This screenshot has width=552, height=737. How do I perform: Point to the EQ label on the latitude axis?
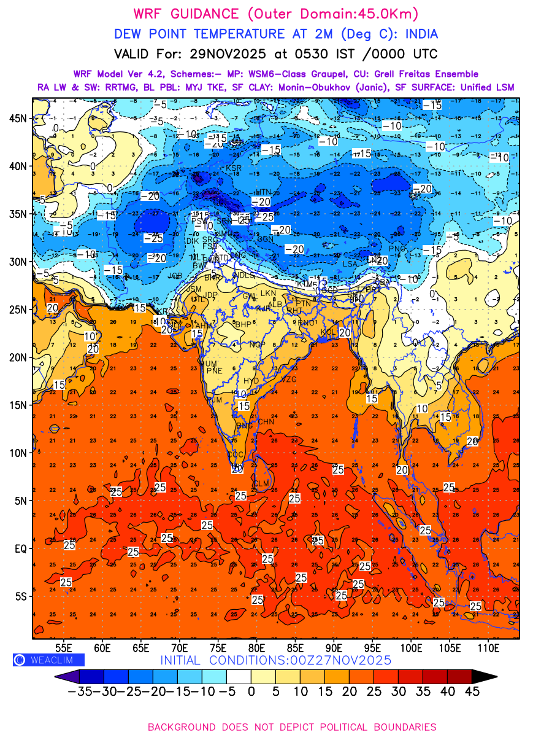(x=21, y=548)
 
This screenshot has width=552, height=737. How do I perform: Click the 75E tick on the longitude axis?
(x=218, y=647)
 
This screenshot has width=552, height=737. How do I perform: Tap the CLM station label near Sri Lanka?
(x=261, y=484)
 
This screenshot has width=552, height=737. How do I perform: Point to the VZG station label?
(x=288, y=380)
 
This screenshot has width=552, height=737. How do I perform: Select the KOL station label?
(x=326, y=332)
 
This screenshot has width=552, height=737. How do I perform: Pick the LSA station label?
(x=350, y=264)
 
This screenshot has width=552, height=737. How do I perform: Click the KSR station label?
(x=234, y=168)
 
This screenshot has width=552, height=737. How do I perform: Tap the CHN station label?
(x=266, y=422)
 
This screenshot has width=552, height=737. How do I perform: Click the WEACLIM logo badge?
(x=48, y=660)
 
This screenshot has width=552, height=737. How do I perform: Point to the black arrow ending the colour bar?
(x=484, y=677)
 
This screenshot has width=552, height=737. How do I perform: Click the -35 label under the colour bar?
(x=80, y=692)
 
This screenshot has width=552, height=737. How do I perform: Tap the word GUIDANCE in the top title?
(x=195, y=14)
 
